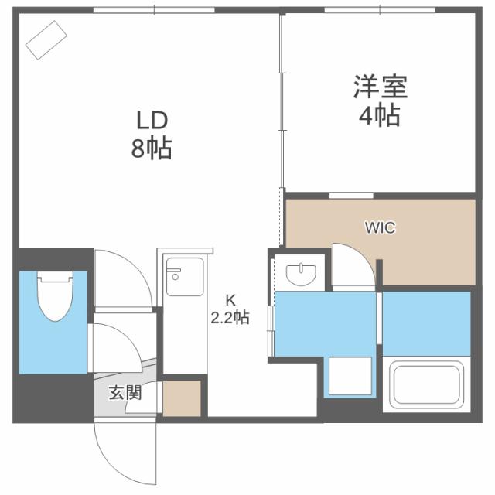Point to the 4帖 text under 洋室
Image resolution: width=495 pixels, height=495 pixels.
(379, 116)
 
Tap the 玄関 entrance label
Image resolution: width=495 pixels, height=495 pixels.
(125, 392)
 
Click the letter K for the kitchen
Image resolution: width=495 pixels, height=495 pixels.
(230, 300)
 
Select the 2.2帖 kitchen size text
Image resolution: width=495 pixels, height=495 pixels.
(230, 317)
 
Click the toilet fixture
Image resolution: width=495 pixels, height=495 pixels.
(53, 295)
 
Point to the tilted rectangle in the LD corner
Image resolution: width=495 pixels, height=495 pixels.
(47, 39)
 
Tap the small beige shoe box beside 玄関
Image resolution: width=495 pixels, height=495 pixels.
(182, 398)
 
